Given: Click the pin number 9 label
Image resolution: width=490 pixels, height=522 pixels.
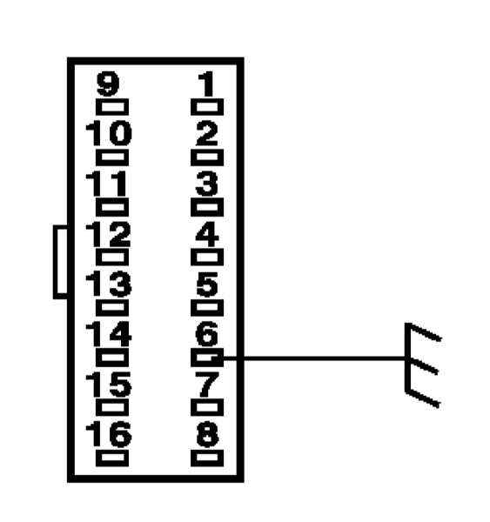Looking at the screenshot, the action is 108,84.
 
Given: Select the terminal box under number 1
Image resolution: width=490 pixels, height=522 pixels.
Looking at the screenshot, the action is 207,107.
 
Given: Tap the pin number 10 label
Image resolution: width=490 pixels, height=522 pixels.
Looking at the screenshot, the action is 109,133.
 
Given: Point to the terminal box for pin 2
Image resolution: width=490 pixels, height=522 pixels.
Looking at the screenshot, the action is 207,157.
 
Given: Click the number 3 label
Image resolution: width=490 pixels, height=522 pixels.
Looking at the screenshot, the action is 207,184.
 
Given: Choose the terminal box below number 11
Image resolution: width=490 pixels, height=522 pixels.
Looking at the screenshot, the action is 112,207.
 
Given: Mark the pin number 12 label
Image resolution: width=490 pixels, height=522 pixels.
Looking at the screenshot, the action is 108,234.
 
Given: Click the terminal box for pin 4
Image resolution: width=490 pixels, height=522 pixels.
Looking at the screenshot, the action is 207,258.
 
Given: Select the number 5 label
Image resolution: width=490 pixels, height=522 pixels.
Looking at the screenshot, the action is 207,284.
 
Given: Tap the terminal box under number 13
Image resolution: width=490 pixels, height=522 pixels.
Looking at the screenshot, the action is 112,308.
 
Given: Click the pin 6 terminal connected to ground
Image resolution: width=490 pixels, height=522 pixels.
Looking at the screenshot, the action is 207,358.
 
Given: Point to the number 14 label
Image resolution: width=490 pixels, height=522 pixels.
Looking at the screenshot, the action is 109,334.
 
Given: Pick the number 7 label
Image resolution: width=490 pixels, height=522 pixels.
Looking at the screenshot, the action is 207,385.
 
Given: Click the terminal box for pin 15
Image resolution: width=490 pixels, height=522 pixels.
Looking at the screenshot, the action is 112,407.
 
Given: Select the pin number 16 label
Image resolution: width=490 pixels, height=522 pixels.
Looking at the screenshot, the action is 109,434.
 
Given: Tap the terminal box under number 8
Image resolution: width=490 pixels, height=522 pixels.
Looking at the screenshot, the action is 207,458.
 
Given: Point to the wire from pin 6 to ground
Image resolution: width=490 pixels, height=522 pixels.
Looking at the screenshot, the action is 314,358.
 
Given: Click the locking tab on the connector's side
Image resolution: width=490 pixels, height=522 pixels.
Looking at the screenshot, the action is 56,262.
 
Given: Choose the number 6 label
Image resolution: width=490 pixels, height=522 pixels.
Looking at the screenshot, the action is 207,334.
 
